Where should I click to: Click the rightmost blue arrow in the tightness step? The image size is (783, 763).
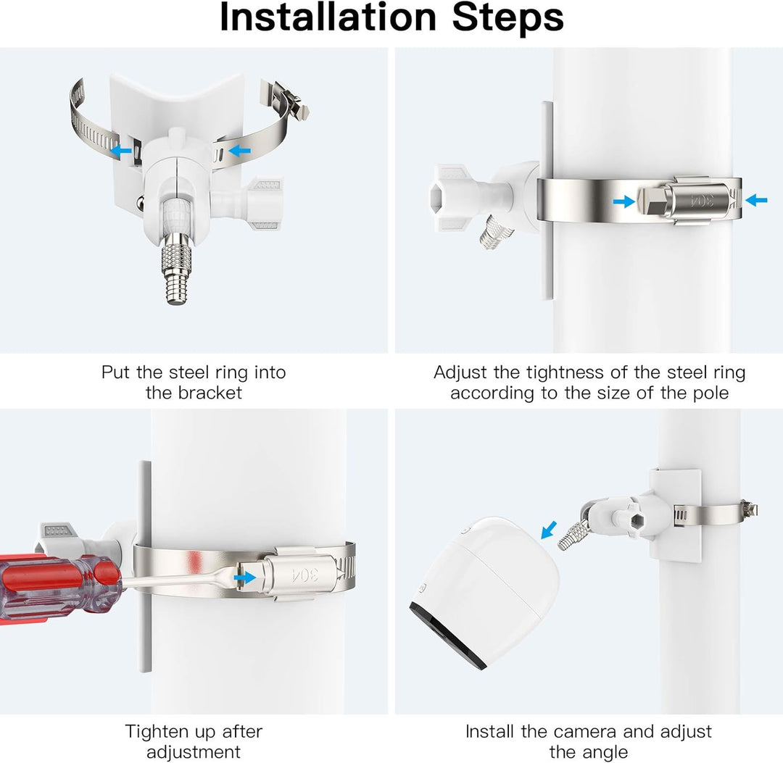tap(755, 200)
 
